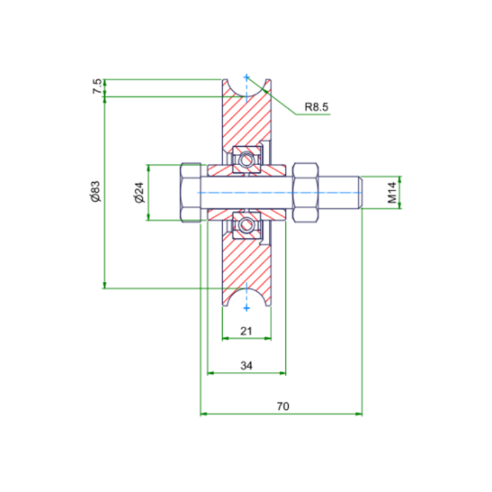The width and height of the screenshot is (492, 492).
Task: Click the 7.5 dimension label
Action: coord(97,86)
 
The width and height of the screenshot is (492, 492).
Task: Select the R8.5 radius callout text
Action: coord(316,108)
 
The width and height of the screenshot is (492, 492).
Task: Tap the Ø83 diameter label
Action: coord(96,191)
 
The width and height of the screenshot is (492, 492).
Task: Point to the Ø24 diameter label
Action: coord(138,192)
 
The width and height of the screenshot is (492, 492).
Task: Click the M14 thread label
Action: coord(392,192)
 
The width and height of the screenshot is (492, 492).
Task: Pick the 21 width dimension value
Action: coord(246,331)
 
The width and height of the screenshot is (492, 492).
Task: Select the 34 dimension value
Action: coord(246,365)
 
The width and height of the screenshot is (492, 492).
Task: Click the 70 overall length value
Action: coord(283,406)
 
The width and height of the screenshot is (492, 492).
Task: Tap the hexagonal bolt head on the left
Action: coord(190,193)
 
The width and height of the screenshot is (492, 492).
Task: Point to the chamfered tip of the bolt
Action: coord(361,192)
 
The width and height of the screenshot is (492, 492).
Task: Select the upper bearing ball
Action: coord(245,160)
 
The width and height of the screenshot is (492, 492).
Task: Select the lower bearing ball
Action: coord(245,225)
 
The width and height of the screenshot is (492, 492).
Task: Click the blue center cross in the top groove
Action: coord(246,77)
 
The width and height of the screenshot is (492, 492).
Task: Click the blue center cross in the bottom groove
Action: coord(246,306)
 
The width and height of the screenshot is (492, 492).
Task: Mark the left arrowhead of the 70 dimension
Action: coord(205,413)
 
